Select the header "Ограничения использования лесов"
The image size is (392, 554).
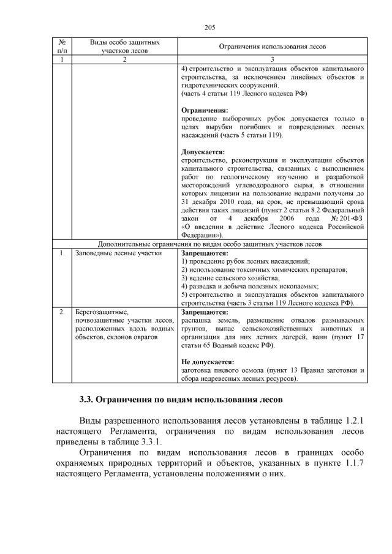click(273, 47)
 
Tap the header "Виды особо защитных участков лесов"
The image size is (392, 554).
click(125, 47)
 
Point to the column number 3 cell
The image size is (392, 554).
click(273, 59)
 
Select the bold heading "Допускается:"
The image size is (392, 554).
click(203, 152)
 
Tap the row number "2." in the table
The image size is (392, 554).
click(62, 312)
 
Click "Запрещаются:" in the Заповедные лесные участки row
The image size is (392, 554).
click(205, 252)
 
